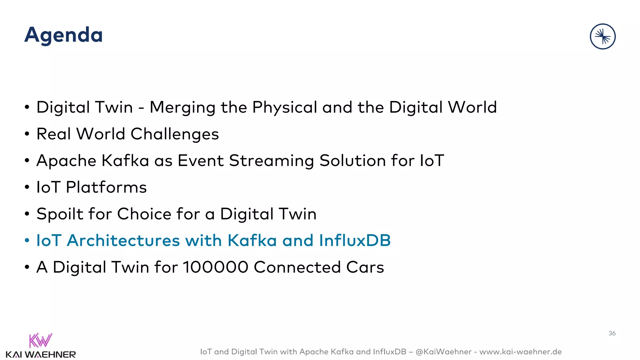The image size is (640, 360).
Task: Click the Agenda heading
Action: click(x=63, y=35)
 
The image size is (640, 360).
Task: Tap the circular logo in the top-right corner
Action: click(x=602, y=37)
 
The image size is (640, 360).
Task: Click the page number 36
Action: click(x=612, y=333)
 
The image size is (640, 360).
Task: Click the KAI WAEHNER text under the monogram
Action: click(x=41, y=355)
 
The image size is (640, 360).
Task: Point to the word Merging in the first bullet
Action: click(x=182, y=108)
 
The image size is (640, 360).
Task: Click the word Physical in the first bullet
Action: click(x=285, y=108)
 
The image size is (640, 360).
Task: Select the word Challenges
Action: click(x=174, y=134)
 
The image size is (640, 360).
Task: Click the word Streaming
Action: click(x=271, y=161)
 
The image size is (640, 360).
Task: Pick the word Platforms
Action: click(x=106, y=187)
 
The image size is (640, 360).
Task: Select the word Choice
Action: click(x=144, y=214)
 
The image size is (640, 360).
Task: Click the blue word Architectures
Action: click(x=123, y=241)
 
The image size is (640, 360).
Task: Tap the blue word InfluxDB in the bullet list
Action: click(x=355, y=241)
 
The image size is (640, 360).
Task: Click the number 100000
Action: click(x=216, y=267)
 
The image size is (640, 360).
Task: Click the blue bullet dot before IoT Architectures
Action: click(x=27, y=241)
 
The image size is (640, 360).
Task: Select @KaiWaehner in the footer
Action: click(x=443, y=352)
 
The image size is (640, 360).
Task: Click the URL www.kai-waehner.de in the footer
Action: click(x=520, y=352)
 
